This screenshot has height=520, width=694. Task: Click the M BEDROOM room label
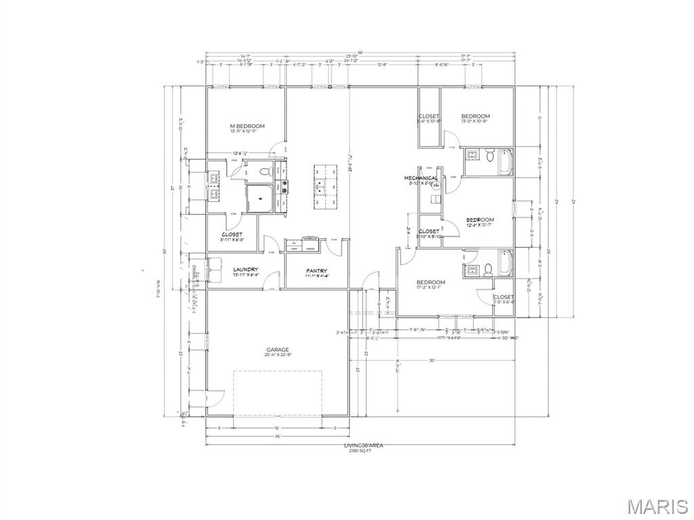tap(247, 126)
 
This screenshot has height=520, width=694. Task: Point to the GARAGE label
tap(277, 350)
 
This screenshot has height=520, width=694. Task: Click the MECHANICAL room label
tap(422, 178)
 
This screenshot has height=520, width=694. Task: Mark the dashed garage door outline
tap(277, 393)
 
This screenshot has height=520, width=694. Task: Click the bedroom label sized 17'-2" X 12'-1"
tap(431, 282)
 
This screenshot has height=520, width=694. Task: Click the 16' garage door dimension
tap(277, 429)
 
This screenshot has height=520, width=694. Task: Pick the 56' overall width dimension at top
tap(361, 51)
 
